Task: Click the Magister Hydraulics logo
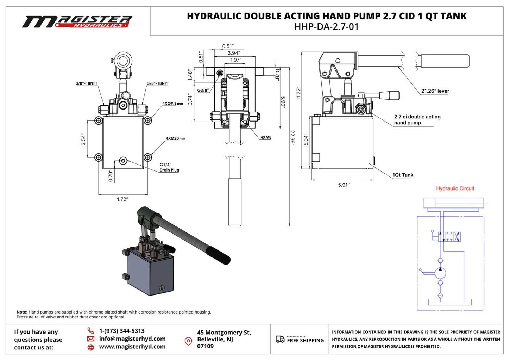click(x=77, y=22)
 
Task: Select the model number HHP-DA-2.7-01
click(x=326, y=27)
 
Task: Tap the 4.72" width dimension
click(x=122, y=199)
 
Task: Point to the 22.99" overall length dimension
click(x=292, y=138)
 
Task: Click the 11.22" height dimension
click(x=298, y=93)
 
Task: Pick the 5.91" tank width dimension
click(x=344, y=185)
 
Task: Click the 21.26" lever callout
click(x=435, y=91)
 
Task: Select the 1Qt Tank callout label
click(x=403, y=175)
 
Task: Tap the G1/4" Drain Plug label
click(x=169, y=167)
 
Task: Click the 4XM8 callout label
click(x=266, y=137)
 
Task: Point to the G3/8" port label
click(x=203, y=91)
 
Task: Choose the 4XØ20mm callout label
click(x=175, y=138)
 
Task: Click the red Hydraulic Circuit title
click(x=455, y=188)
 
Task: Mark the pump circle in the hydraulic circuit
click(x=440, y=273)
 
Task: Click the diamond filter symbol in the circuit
click(x=440, y=296)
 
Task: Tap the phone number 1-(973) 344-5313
click(x=122, y=331)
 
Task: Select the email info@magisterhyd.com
click(x=132, y=339)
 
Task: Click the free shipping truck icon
click(x=280, y=339)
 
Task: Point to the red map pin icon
click(x=188, y=341)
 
